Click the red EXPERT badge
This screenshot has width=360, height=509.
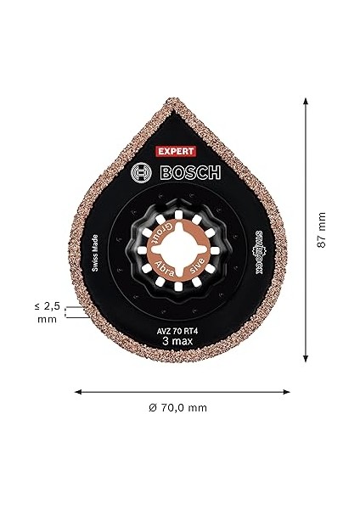point(176,150)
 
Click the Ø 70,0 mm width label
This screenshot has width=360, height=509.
point(177,408)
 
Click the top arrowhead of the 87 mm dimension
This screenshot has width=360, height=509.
point(303,99)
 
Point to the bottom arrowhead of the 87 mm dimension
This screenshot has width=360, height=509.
point(303,359)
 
